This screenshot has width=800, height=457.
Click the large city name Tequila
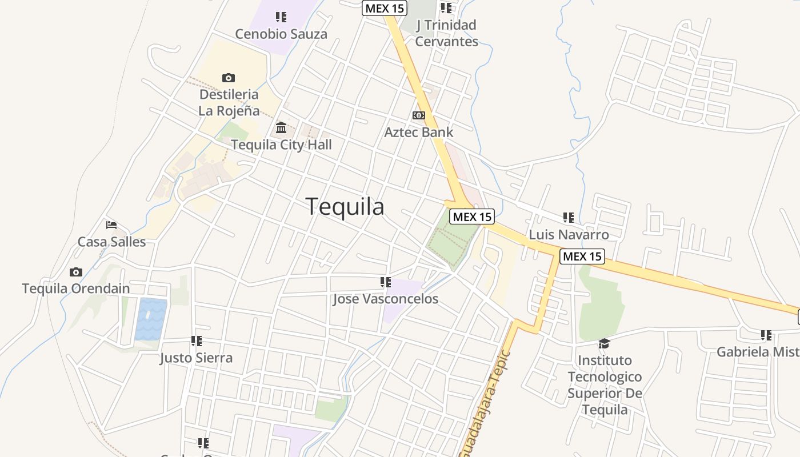click(x=345, y=206)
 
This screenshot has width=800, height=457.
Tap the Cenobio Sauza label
click(x=281, y=34)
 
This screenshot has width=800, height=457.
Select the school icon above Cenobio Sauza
click(x=281, y=17)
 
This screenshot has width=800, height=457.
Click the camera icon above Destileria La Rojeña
click(x=229, y=78)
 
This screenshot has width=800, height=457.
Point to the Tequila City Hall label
click(x=281, y=145)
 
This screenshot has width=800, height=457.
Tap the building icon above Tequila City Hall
click(x=281, y=127)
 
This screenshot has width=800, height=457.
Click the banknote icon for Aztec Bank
click(x=419, y=115)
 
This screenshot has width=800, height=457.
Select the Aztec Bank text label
click(x=419, y=133)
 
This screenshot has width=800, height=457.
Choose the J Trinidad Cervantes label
click(x=446, y=33)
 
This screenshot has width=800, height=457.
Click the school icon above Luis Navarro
click(x=569, y=217)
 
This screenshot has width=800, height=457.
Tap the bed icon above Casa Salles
click(x=111, y=225)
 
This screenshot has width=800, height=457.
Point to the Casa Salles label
click(x=112, y=242)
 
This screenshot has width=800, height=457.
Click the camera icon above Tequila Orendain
click(x=76, y=272)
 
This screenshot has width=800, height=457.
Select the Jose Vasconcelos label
click(x=386, y=299)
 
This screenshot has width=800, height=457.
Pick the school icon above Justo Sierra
click(x=197, y=341)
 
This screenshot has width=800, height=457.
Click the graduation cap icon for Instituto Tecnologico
click(x=604, y=343)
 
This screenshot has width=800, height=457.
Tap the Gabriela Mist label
click(x=758, y=352)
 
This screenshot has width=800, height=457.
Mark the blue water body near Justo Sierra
click(x=151, y=319)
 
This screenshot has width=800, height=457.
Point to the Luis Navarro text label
click(x=569, y=235)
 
